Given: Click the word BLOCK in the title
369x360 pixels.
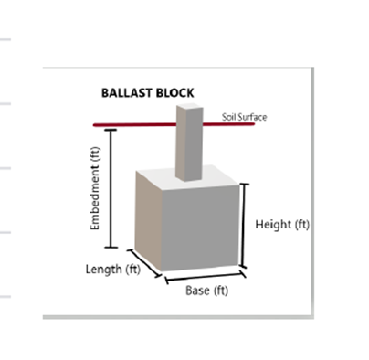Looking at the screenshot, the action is (x=175, y=93).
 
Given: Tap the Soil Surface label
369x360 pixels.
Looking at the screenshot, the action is (x=244, y=117).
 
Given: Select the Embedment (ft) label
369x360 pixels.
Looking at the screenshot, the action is (x=95, y=188).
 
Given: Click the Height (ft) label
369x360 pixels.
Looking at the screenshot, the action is (x=282, y=225).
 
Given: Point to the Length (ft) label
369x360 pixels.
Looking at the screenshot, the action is (x=113, y=270).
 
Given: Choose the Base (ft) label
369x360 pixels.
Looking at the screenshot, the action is (x=206, y=291).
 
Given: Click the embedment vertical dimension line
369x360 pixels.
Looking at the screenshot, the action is (x=111, y=188).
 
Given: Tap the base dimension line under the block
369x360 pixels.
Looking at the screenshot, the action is (x=205, y=277).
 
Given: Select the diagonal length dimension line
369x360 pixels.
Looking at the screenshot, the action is (x=144, y=263).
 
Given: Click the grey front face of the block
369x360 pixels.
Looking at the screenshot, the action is (x=200, y=228).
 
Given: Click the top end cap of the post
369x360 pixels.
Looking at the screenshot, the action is (x=190, y=106).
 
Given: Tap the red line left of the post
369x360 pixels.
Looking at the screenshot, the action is (x=134, y=125).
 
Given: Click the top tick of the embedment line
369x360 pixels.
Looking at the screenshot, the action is (x=111, y=130).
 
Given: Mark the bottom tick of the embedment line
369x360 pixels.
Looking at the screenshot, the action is (x=111, y=248).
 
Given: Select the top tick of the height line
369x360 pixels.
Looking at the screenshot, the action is (x=245, y=184).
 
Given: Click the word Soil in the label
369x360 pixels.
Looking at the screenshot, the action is (x=228, y=117).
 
